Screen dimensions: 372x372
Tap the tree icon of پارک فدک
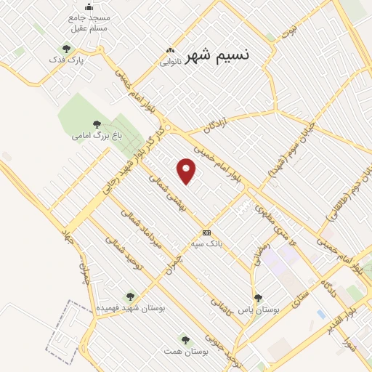pyautogui.click(x=66, y=49)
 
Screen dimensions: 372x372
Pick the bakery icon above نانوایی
pyautogui.click(x=170, y=51)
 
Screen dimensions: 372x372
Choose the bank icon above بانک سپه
pyautogui.click(x=207, y=232)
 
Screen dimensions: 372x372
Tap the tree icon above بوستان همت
pyautogui.click(x=185, y=340)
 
